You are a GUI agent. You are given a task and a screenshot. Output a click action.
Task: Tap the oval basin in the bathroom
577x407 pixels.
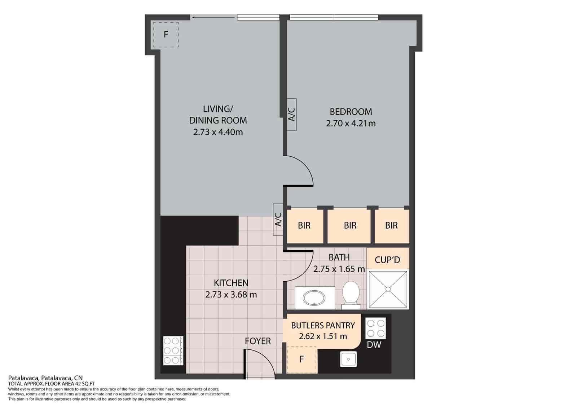click(x=314, y=299)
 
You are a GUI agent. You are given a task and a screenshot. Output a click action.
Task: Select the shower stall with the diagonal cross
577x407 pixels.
click(x=388, y=290)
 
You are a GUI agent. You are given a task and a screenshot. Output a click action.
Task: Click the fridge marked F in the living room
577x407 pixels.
click(x=166, y=35)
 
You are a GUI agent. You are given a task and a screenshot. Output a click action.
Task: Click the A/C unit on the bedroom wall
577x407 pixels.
click(x=292, y=115)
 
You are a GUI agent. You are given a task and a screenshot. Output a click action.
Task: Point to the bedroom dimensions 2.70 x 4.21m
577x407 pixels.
click(x=351, y=124)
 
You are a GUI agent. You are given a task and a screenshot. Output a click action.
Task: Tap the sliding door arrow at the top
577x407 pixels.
click(x=215, y=18)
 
